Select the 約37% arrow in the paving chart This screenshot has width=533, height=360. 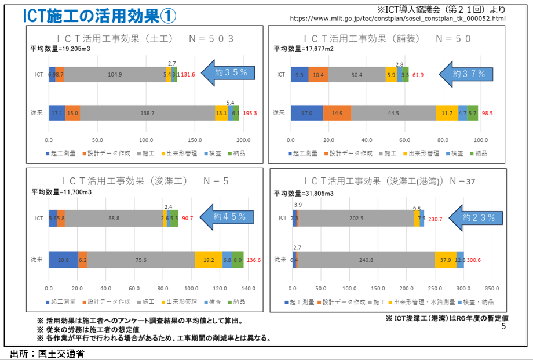(466, 74)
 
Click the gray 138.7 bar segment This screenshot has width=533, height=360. (147, 113)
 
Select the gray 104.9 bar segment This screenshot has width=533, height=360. (115, 74)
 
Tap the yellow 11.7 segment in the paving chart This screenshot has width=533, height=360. (447, 113)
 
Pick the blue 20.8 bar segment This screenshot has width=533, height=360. (63, 260)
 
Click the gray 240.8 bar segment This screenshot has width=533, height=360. (366, 260)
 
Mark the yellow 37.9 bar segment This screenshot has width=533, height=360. (445, 260)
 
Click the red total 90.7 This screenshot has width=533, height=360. (188, 218)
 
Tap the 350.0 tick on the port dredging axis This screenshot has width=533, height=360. (492, 288)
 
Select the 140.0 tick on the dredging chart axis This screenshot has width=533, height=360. (249, 288)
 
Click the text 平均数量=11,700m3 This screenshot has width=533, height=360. (61, 192)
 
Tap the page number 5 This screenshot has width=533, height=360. (503, 327)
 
